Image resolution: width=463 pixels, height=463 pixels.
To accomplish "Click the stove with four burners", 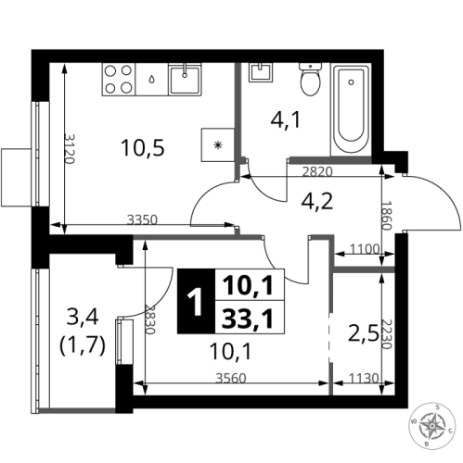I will point(118,79).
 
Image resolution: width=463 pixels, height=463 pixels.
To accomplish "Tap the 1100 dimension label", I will point(365,248).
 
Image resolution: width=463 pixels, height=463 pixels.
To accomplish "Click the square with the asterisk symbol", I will point(218,144).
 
